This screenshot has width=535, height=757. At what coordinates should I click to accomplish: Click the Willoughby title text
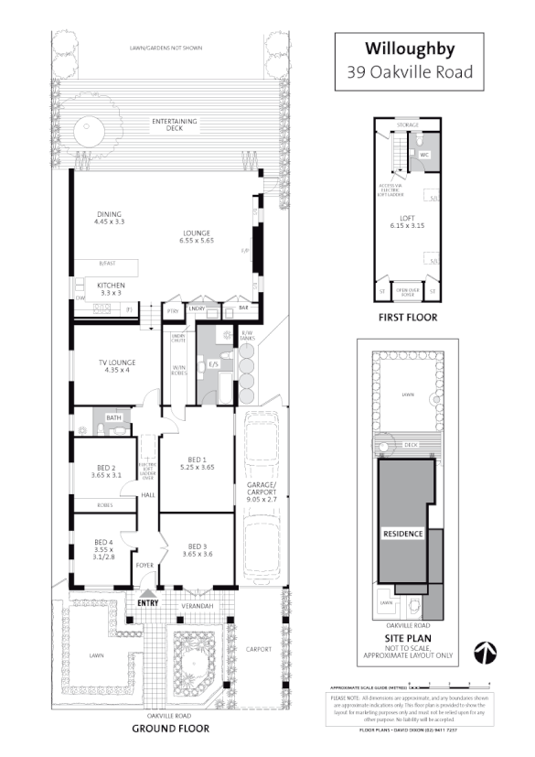[409, 48]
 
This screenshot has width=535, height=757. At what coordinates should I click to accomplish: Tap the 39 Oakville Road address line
[409, 72]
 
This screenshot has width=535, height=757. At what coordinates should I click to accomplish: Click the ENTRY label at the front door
[147, 603]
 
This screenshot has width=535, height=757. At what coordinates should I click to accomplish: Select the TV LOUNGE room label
[118, 364]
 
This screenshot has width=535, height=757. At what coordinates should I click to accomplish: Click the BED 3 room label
[197, 548]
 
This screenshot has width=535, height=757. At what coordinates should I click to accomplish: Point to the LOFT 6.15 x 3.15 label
[408, 221]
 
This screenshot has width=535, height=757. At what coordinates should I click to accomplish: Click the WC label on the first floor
[424, 155]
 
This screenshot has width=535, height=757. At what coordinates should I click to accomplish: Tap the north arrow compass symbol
[484, 653]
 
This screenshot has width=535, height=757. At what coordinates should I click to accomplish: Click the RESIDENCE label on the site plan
[402, 533]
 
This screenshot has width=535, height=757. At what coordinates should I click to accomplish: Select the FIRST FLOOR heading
[408, 318]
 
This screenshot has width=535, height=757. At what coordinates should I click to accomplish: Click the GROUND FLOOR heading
[170, 729]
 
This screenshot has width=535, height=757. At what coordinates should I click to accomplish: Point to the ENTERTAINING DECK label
[167, 124]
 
